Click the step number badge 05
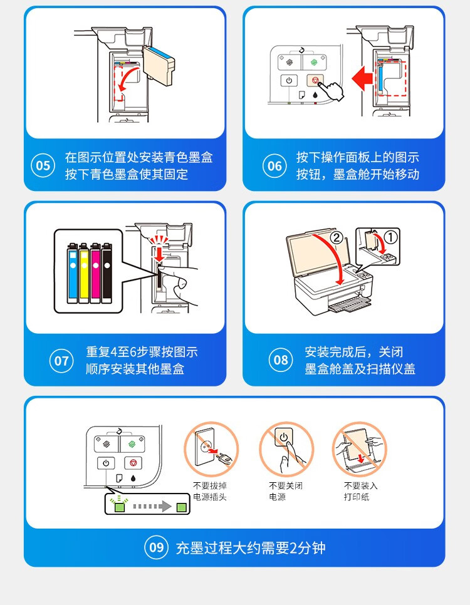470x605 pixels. click(43, 165)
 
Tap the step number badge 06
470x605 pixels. click(274, 165)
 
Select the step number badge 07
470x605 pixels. click(61, 361)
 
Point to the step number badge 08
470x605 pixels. click(281, 360)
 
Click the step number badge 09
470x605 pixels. click(157, 547)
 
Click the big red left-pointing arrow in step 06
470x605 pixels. click(362, 78)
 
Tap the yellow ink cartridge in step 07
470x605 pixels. click(84, 272)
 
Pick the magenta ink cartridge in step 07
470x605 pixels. click(95, 272)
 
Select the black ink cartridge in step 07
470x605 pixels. click(107, 272)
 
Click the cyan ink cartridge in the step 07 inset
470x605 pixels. click(73, 272)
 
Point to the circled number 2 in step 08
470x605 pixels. click(337, 237)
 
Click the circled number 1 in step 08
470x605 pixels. click(390, 237)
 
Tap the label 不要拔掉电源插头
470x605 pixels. click(210, 491)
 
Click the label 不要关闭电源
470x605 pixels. click(286, 491)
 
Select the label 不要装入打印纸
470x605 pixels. click(361, 491)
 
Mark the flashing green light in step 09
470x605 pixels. click(119, 507)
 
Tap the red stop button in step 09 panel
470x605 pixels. click(133, 462)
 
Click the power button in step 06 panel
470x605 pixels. click(289, 81)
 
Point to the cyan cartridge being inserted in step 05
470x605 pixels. click(159, 65)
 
